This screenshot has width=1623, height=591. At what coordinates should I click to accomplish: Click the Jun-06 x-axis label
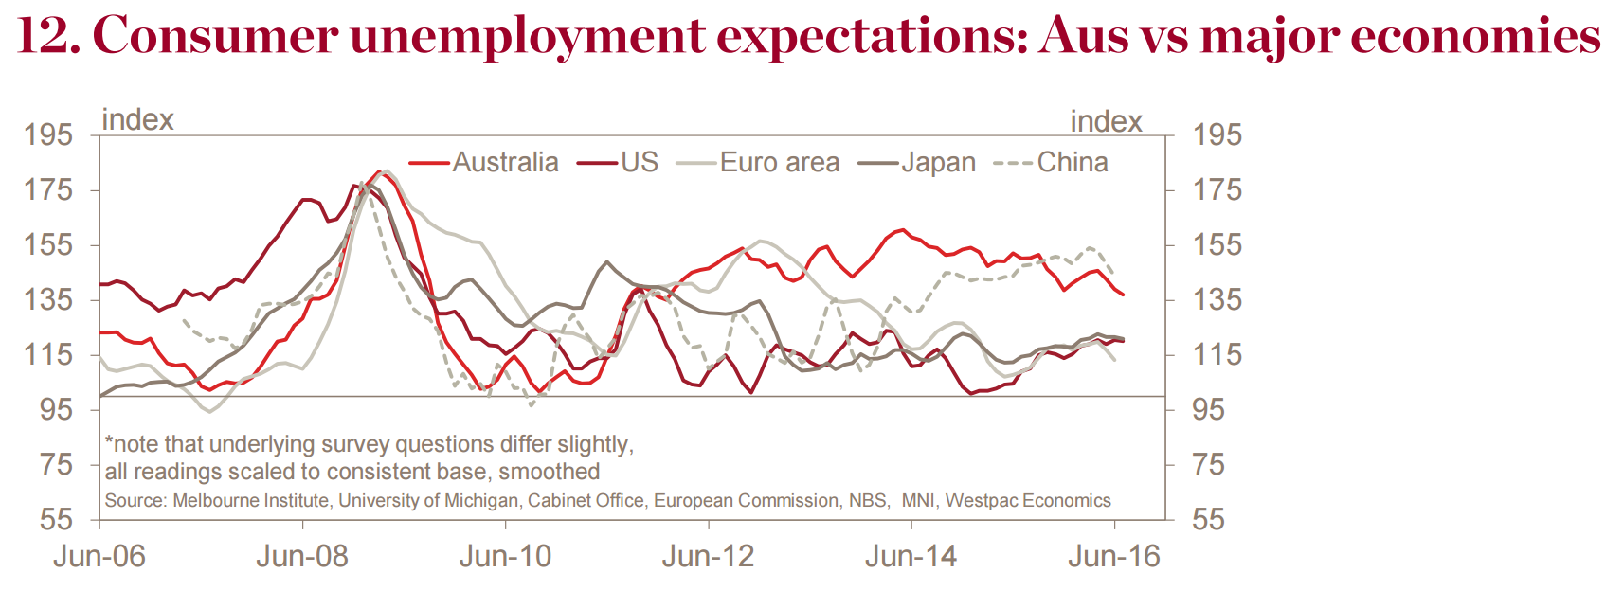[x=99, y=556]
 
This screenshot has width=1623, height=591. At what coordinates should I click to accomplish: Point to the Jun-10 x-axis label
[x=505, y=556]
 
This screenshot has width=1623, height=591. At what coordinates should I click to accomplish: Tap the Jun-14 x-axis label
[x=911, y=556]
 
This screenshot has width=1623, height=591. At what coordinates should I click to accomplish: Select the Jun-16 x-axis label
[x=1113, y=556]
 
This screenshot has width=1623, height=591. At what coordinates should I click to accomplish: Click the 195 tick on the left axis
[x=48, y=134]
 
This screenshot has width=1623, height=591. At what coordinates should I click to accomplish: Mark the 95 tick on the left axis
[x=56, y=409]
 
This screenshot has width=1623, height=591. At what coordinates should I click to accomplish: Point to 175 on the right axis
[x=1217, y=189]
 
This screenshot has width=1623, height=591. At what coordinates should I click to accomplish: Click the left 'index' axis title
[x=137, y=120]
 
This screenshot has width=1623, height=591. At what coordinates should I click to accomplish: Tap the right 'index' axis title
[x=1106, y=122]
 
